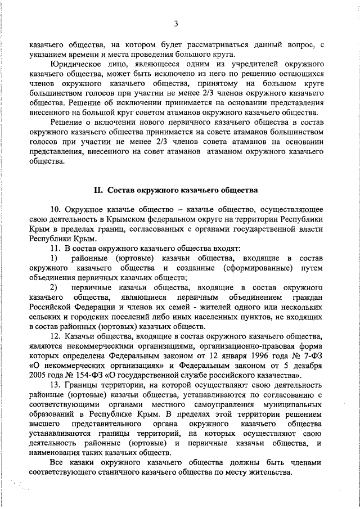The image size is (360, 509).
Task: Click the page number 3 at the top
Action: pyautogui.click(x=175, y=23)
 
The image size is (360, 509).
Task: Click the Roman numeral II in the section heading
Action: pyautogui.click(x=97, y=190)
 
